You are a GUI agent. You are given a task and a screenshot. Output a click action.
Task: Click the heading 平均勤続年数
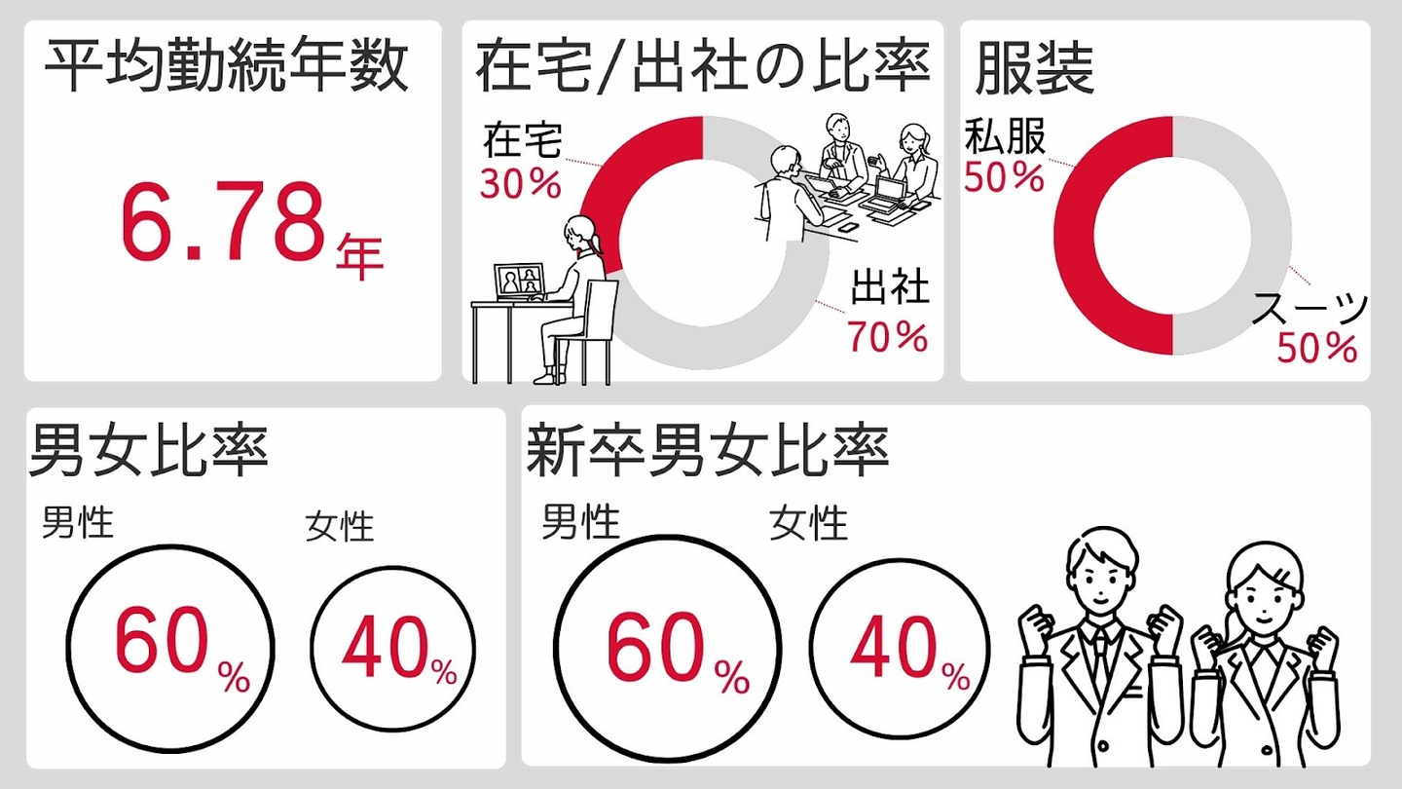click(227, 68)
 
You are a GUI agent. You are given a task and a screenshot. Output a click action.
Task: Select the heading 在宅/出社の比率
click(702, 68)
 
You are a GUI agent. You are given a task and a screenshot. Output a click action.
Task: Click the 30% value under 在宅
click(521, 184)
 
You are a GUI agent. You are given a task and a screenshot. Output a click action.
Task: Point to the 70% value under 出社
click(887, 336)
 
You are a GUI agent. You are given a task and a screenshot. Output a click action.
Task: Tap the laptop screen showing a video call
click(519, 282)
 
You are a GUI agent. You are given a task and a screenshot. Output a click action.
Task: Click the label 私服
click(1005, 137)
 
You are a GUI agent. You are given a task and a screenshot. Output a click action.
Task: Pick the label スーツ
click(1310, 310)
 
